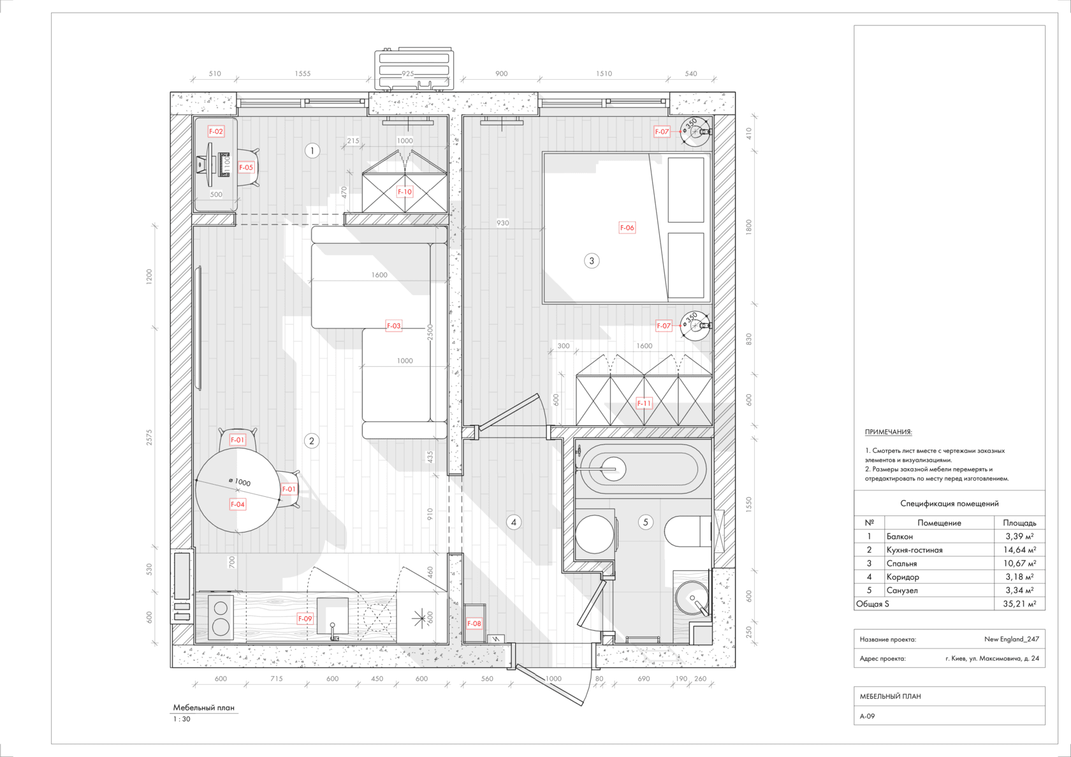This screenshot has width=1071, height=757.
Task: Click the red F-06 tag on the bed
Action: pyautogui.click(x=627, y=228)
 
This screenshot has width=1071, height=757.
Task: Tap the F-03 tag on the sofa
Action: pyautogui.click(x=393, y=326)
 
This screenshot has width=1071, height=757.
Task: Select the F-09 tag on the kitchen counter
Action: pyautogui.click(x=305, y=619)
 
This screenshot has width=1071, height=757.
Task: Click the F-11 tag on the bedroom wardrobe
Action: pyautogui.click(x=644, y=403)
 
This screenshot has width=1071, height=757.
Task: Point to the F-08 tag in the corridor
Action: pyautogui.click(x=474, y=623)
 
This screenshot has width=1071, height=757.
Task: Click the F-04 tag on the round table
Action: pyautogui.click(x=238, y=504)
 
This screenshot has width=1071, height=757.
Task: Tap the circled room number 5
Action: pyautogui.click(x=645, y=522)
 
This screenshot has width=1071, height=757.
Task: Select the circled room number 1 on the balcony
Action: pyautogui.click(x=312, y=151)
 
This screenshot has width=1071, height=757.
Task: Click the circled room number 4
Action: pyautogui.click(x=514, y=522)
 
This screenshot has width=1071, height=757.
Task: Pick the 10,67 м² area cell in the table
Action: pyautogui.click(x=1019, y=563)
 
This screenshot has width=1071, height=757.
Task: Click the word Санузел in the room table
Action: pyautogui.click(x=901, y=590)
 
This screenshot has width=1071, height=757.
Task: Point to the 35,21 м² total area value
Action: pyautogui.click(x=1019, y=603)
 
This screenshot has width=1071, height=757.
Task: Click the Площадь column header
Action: pyautogui.click(x=1019, y=523)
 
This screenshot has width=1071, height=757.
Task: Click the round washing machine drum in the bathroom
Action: pyautogui.click(x=594, y=534)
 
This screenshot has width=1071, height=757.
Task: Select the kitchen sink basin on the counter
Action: pyautogui.click(x=332, y=615)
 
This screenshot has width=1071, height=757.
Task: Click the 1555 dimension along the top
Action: pyautogui.click(x=303, y=73)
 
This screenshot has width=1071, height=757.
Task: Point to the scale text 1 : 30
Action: pyautogui.click(x=182, y=719)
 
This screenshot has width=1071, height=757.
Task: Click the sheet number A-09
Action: pyautogui.click(x=867, y=716)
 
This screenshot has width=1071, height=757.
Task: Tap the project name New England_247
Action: pyautogui.click(x=1012, y=639)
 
